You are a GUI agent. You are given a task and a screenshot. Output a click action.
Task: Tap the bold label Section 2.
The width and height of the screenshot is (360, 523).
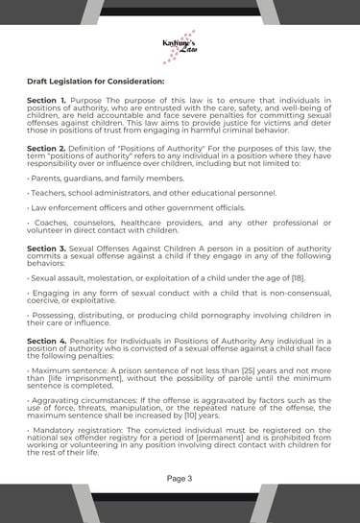(x=47, y=149)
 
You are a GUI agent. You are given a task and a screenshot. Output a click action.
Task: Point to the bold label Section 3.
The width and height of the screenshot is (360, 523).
(x=47, y=248)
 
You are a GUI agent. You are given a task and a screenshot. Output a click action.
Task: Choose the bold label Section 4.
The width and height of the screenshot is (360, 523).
(x=47, y=340)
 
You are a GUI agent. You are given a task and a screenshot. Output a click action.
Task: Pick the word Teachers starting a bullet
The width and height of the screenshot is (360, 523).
(x=49, y=192)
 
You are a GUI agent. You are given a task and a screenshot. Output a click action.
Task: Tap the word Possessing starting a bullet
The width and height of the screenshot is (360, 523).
(x=56, y=314)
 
